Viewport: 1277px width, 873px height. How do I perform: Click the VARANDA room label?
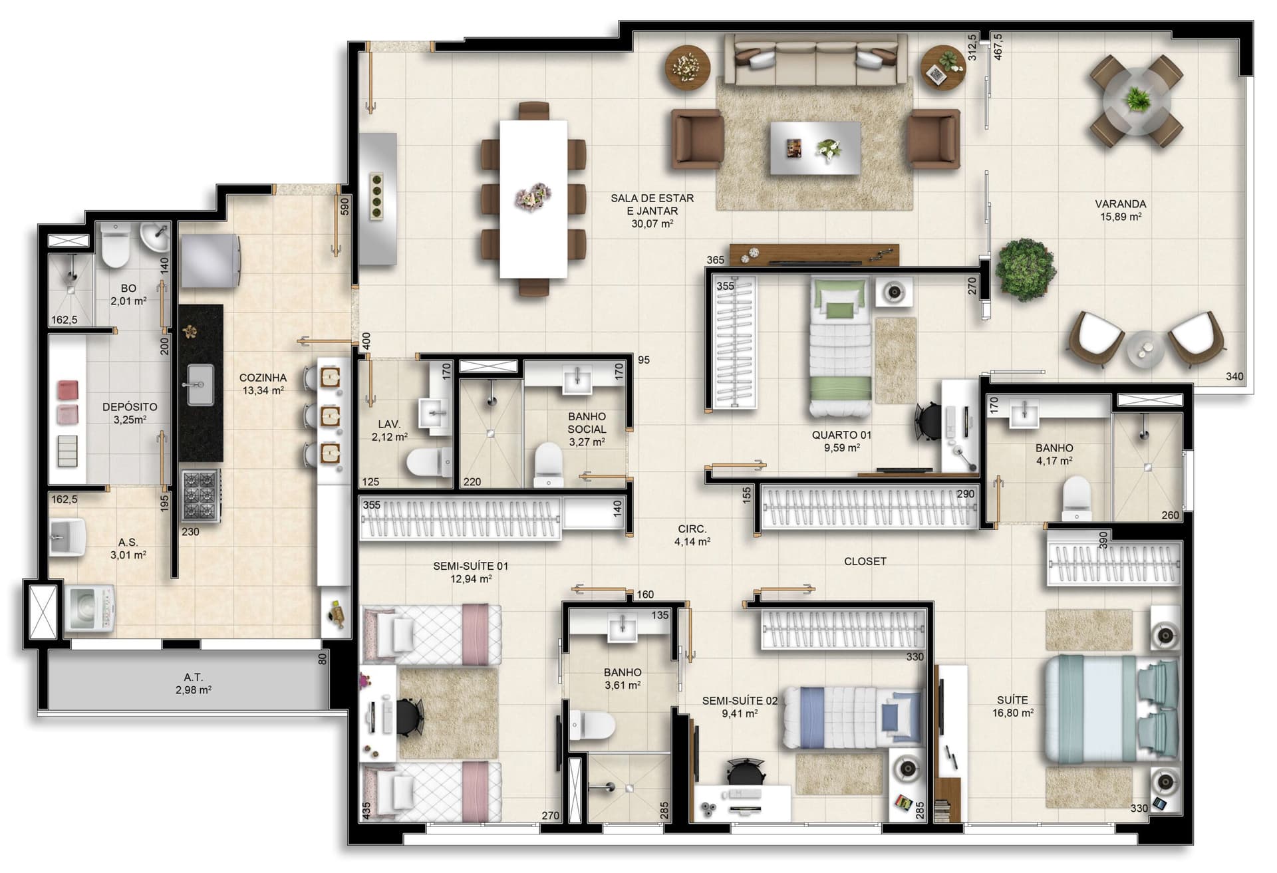pyautogui.click(x=1120, y=204)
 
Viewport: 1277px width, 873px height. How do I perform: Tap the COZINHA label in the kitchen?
pyautogui.click(x=263, y=378)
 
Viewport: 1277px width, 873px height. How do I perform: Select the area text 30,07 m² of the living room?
pyautogui.click(x=652, y=223)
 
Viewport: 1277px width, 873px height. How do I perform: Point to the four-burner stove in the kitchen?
pyautogui.click(x=200, y=495)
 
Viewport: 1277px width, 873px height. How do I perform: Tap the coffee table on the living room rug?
pyautogui.click(x=815, y=148)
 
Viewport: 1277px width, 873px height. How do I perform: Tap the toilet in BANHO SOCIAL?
pyautogui.click(x=549, y=465)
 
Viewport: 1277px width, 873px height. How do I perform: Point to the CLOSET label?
pyautogui.click(x=865, y=561)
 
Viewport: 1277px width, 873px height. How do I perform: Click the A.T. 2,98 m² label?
pyautogui.click(x=193, y=684)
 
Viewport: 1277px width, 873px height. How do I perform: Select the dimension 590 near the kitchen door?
pyautogui.click(x=344, y=206)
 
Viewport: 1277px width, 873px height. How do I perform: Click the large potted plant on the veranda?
pyautogui.click(x=1025, y=270)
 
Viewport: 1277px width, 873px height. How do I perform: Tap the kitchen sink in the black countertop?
pyautogui.click(x=200, y=384)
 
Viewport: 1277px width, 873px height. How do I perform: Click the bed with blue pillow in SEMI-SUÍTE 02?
pyautogui.click(x=854, y=717)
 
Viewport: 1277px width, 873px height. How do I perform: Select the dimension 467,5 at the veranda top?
pyautogui.click(x=997, y=47)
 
